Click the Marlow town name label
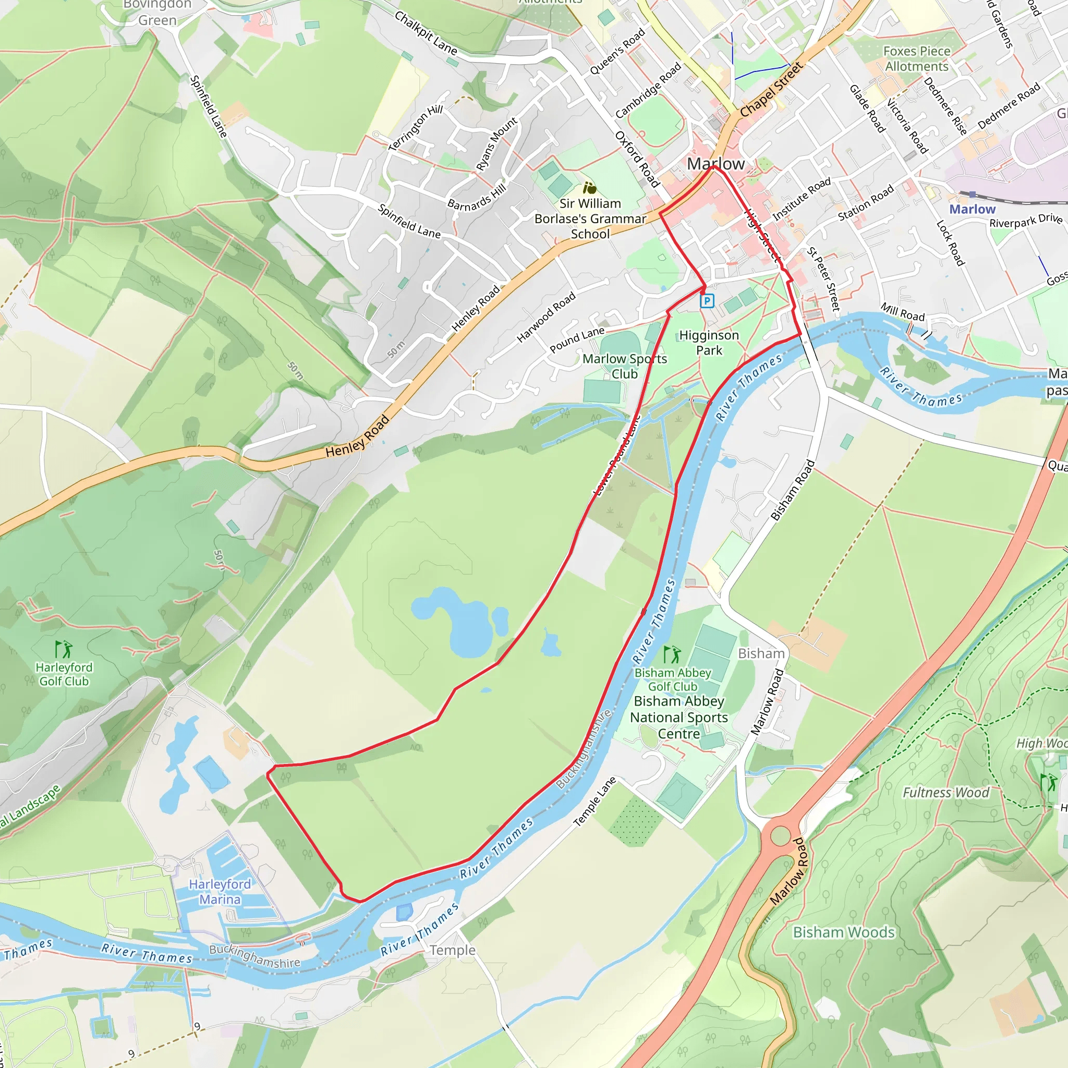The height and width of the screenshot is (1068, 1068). [x=715, y=164]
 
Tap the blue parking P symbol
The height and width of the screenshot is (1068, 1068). [x=707, y=301]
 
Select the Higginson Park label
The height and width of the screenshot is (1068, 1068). [x=709, y=343]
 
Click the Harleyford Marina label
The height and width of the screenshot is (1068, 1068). [x=220, y=892]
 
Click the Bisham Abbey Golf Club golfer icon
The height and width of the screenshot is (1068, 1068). [x=672, y=655]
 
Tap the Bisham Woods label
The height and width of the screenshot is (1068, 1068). [x=844, y=932]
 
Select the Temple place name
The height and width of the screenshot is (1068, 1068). [x=453, y=950]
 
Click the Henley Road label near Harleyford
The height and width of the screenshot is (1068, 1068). [x=358, y=436]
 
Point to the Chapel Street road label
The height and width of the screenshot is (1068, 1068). [x=771, y=90]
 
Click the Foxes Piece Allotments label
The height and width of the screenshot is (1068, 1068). [x=917, y=58]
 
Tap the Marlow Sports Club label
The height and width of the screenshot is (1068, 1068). [x=625, y=367]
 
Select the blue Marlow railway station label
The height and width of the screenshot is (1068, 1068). [x=972, y=210]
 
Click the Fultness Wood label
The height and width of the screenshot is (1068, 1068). [x=945, y=793]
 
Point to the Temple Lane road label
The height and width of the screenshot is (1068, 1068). [x=595, y=802]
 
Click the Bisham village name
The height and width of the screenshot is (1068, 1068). [x=761, y=653]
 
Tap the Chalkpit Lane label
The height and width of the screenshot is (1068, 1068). [x=426, y=33]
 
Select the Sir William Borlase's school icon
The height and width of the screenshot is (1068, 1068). [x=589, y=188]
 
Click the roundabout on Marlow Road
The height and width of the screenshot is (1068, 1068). [x=780, y=835]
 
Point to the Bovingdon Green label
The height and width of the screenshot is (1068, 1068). [x=157, y=12]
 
